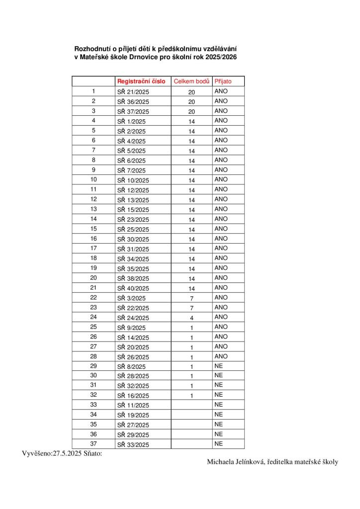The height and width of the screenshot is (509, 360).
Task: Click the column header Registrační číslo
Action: point(141,81)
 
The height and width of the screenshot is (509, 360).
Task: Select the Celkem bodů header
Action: point(191,81)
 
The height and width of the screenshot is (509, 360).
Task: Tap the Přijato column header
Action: point(223,81)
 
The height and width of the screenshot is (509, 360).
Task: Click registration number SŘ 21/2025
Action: point(133,92)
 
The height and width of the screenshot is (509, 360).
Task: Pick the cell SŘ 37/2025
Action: point(133,111)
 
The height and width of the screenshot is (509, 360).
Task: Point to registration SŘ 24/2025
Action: point(133,318)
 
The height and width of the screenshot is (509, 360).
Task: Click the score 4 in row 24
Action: point(191,318)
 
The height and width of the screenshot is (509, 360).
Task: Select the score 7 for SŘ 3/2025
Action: point(191,298)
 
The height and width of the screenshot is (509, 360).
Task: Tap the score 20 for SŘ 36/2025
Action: point(191,102)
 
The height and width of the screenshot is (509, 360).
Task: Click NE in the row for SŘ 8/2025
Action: point(218,366)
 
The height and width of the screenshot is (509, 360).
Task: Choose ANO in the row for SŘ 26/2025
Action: point(221,356)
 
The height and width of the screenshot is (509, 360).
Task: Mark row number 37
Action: point(93,443)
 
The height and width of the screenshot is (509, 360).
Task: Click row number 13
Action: point(93,209)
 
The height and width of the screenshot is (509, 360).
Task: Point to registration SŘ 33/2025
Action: point(133,444)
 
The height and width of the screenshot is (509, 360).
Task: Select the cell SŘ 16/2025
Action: point(133,396)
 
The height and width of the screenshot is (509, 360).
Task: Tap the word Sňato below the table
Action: point(91,453)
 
